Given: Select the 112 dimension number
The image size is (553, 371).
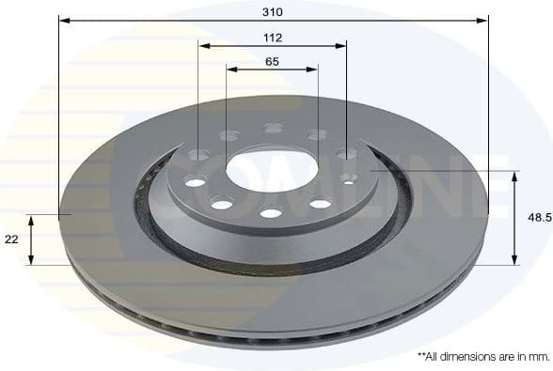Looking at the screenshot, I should coord(273,38).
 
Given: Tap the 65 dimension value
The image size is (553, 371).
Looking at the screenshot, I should coord(272,62).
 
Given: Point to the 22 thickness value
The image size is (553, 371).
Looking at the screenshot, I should coord(11,240).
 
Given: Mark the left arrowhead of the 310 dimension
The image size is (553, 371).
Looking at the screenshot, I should coord(62,19).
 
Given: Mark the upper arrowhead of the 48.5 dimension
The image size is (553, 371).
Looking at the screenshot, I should coord(513,175).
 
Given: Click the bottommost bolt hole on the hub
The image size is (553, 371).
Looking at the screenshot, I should coord(271,213).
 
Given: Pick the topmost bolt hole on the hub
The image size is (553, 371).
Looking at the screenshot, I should coord(273,128).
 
